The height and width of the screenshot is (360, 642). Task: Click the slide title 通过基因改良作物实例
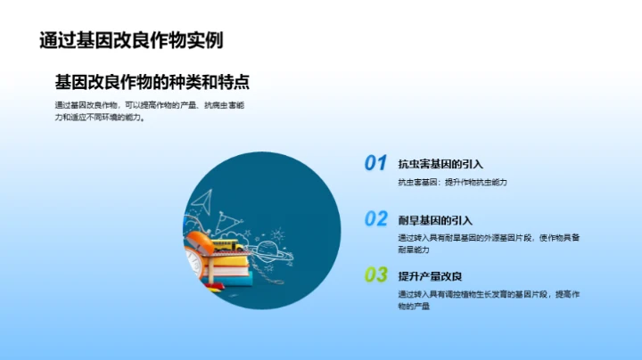click(x=131, y=40)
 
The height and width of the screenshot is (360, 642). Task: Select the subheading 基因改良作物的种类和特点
click(x=152, y=82)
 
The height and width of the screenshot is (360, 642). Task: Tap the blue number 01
click(x=375, y=163)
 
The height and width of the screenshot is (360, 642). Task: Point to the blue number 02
click(x=375, y=218)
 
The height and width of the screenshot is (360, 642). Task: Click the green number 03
click(x=375, y=274)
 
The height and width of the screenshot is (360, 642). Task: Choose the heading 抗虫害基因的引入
click(x=440, y=164)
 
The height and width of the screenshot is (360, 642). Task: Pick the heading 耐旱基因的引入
click(x=435, y=219)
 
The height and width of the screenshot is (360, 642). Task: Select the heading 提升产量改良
click(x=430, y=274)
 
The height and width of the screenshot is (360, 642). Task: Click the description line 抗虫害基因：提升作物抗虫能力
click(x=453, y=183)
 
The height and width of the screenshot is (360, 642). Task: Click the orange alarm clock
click(x=198, y=249)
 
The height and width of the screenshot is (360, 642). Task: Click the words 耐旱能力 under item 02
click(x=415, y=250)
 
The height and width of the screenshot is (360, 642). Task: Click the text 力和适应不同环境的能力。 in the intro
click(x=101, y=117)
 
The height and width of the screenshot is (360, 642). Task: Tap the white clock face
click(x=193, y=260)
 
